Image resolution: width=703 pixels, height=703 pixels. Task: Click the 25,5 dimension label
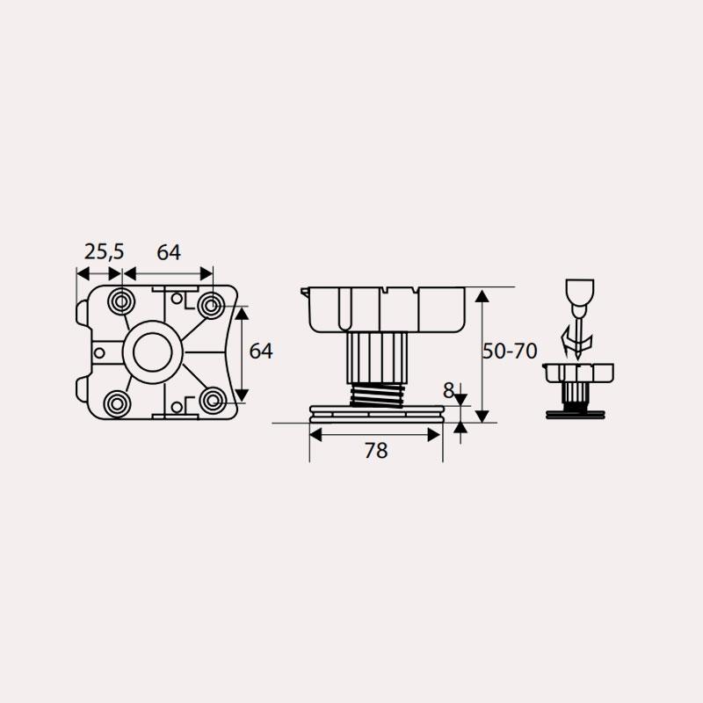point(104,252)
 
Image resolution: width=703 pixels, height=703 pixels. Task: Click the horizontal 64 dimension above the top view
point(169,252)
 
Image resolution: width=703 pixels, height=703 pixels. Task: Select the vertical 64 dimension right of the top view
point(261,351)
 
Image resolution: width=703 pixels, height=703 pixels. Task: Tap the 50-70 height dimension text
point(510,351)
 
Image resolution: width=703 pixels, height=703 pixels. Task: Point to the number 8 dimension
point(448,391)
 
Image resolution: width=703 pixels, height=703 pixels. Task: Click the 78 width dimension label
point(376,450)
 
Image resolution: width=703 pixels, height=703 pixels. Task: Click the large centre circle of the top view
point(152,352)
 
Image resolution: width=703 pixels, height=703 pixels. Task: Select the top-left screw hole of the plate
point(121,301)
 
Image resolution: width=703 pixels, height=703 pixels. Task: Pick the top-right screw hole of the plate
point(211,305)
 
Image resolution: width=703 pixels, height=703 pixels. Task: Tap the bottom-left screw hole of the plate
point(117,403)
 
